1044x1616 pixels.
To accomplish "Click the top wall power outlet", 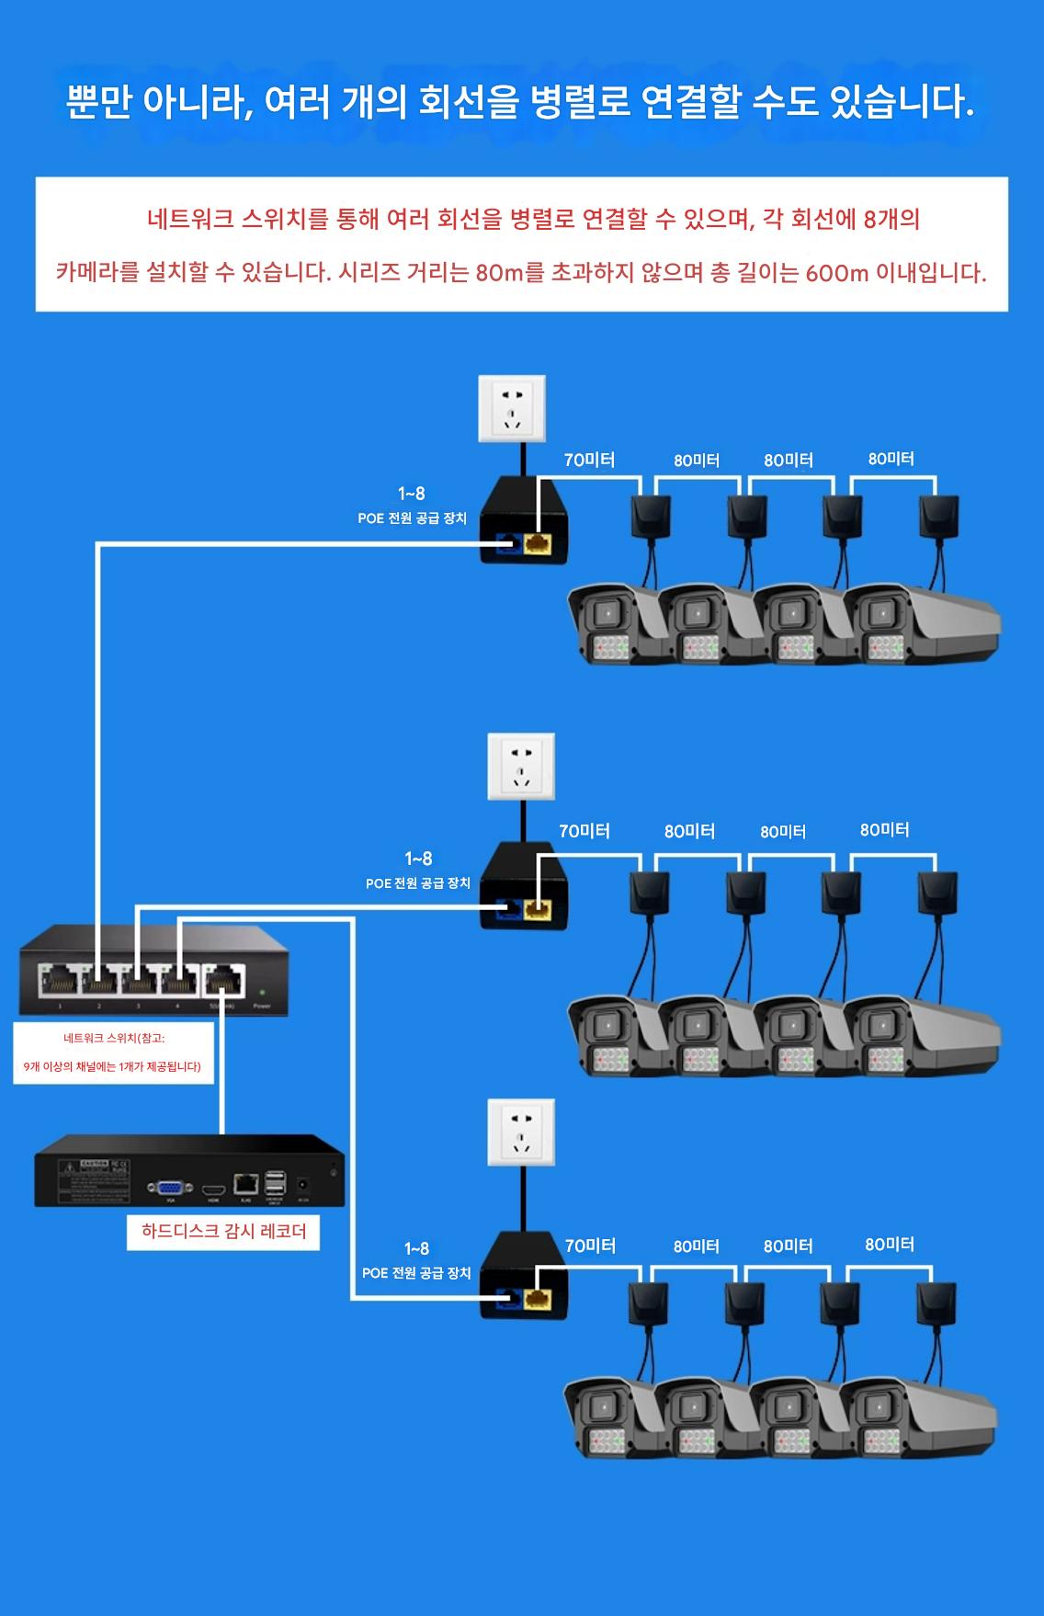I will [x=512, y=408].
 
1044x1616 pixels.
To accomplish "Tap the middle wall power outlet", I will [x=521, y=767].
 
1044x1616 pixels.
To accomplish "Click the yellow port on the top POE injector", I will [x=536, y=544].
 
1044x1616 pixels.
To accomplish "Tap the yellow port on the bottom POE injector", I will [x=536, y=1300].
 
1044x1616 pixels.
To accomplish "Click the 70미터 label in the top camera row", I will [x=589, y=460].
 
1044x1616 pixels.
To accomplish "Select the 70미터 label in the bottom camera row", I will [x=590, y=1246].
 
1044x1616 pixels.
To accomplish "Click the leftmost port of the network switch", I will [x=58, y=981].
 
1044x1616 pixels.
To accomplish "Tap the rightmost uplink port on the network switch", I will [x=223, y=981].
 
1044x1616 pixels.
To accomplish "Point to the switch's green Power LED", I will [x=263, y=993].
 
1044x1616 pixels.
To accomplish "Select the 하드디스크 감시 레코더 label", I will [x=223, y=1231].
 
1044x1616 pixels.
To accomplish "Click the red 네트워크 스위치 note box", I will [x=113, y=1053].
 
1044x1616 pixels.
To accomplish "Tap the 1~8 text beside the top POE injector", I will [x=411, y=494].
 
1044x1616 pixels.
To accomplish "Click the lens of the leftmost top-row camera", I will [x=606, y=613].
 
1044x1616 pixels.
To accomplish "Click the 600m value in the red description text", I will [x=836, y=274].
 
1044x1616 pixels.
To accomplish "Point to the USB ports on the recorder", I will [x=275, y=1185].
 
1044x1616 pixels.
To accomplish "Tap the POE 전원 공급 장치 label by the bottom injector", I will [x=416, y=1273].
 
